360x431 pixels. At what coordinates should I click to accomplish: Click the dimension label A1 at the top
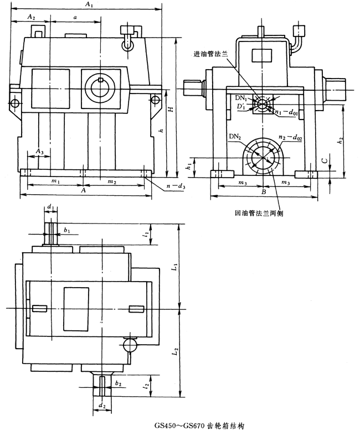click(x=88, y=5)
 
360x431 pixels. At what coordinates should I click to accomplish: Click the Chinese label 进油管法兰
click(x=210, y=54)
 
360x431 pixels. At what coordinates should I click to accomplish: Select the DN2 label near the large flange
click(x=233, y=136)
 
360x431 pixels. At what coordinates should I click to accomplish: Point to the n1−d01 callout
click(x=287, y=112)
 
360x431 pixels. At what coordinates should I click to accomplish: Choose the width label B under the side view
click(x=265, y=191)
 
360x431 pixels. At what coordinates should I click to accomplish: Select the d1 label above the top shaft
click(x=50, y=207)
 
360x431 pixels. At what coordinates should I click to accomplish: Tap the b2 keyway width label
click(x=117, y=383)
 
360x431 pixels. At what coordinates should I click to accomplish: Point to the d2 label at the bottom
click(x=101, y=407)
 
